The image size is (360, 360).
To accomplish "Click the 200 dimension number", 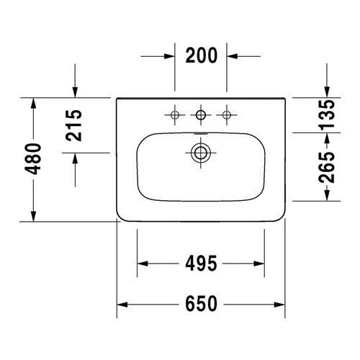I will [202, 55].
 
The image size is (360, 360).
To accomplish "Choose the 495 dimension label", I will [200, 264].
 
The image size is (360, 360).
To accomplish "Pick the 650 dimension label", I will [200, 305].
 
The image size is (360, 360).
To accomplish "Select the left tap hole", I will [175, 114].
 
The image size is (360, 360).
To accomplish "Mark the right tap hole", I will [228, 114].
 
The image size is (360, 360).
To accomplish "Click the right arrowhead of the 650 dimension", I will [282, 305].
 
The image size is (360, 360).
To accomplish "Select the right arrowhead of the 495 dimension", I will [261, 264].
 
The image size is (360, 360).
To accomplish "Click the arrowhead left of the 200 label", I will [170, 55].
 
